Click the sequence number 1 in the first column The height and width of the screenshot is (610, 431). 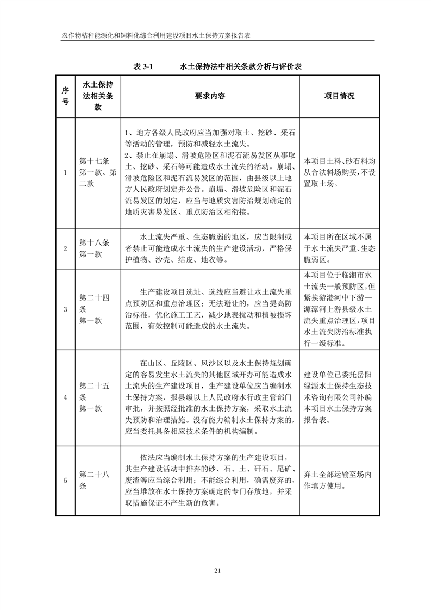coord(65,173)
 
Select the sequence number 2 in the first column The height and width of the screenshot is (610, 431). coord(65,248)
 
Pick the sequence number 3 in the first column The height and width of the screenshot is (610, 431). coord(65,309)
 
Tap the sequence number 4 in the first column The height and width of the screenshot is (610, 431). coord(65,397)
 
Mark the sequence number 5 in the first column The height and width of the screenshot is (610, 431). coord(65,480)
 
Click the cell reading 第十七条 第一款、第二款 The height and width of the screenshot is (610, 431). coord(98,173)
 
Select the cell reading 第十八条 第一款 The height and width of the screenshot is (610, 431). coord(95,248)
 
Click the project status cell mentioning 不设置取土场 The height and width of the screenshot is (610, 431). coord(339,173)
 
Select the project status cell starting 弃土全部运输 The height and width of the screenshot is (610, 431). coord(339,480)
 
